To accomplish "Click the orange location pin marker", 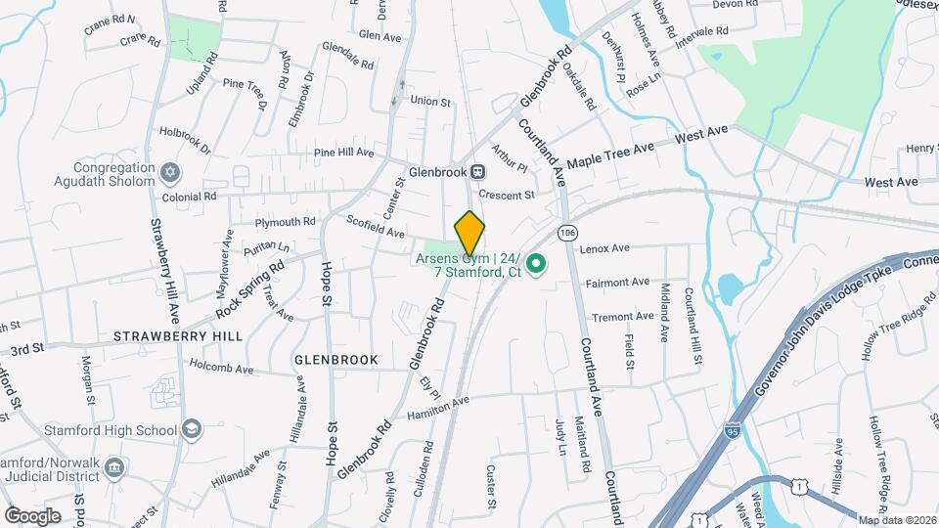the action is pos(469,233).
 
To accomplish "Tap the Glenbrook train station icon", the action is pos(477,171).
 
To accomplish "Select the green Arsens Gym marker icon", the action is pos(536,264).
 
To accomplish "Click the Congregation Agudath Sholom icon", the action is pos(170,173).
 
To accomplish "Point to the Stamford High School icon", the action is pos(192,430).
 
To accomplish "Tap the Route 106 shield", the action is pos(567,233).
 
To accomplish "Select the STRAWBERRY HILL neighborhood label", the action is pos(178,335).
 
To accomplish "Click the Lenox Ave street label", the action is pos(604,248).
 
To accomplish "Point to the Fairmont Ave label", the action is pos(617,283).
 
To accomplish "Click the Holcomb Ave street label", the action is pos(220,370).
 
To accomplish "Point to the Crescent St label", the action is pos(507,195).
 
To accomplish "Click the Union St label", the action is pos(430,101).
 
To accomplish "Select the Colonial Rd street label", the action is pos(190,197).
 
